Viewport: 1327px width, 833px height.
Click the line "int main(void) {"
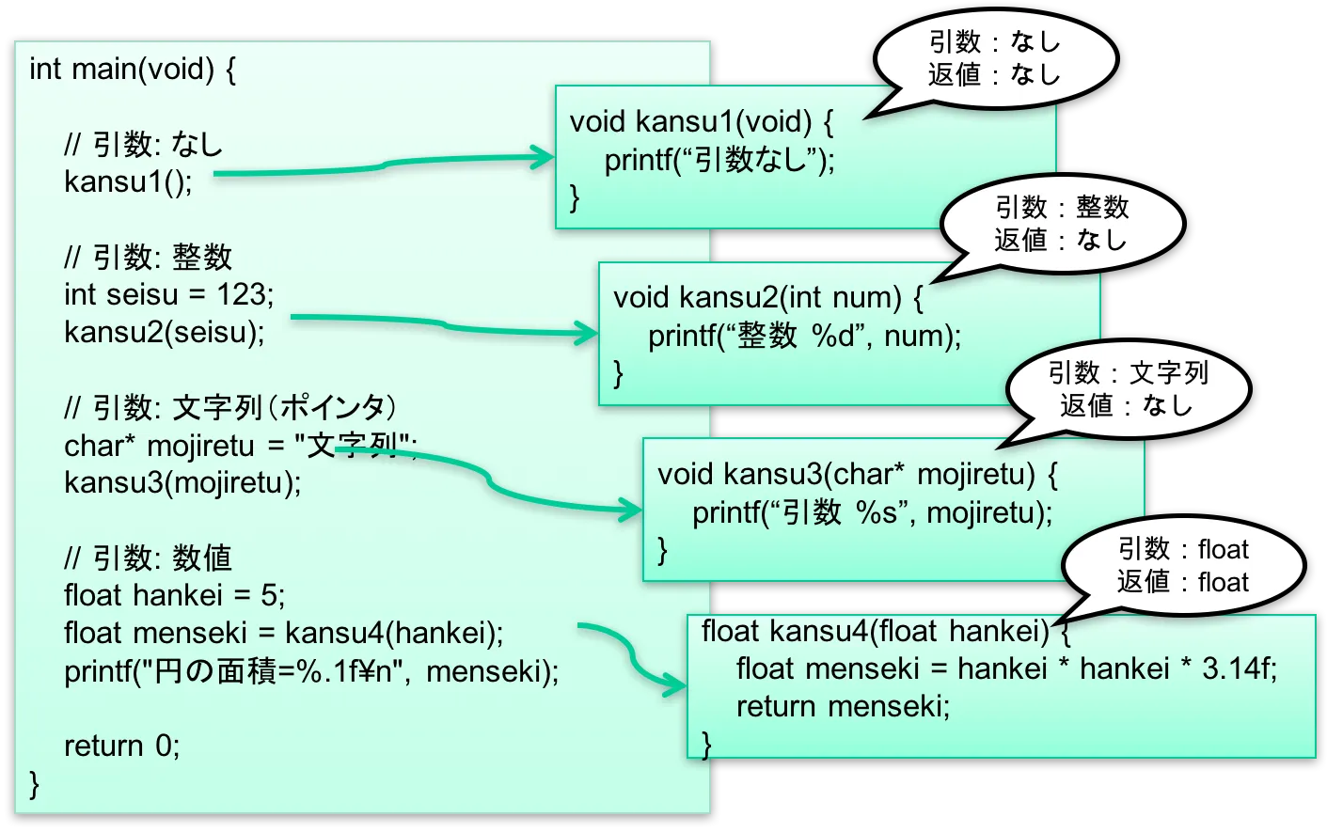(132, 69)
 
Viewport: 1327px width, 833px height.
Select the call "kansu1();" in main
(128, 181)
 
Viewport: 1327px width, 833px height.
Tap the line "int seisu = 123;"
(169, 294)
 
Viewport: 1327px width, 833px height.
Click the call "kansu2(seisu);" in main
(165, 332)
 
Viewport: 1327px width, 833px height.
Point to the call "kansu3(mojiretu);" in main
(182, 482)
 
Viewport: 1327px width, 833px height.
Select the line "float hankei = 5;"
(174, 595)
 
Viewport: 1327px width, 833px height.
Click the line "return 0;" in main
(121, 746)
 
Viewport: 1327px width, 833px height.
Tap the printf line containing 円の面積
(311, 671)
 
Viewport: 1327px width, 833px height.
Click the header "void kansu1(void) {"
(701, 121)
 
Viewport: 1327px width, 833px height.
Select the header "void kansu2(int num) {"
(767, 297)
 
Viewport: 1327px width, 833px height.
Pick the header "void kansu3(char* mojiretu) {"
(857, 473)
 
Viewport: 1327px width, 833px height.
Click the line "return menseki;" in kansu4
(843, 706)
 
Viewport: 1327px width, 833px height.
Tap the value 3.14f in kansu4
(1239, 668)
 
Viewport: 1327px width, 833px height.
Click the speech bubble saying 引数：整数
(1062, 224)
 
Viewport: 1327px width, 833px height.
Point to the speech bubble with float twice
(1182, 565)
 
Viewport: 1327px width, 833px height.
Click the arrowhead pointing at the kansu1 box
(545, 157)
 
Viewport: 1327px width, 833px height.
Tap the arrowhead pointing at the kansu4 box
(677, 684)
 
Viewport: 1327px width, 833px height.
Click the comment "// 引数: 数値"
(148, 558)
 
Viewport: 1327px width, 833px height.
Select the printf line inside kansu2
(804, 336)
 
